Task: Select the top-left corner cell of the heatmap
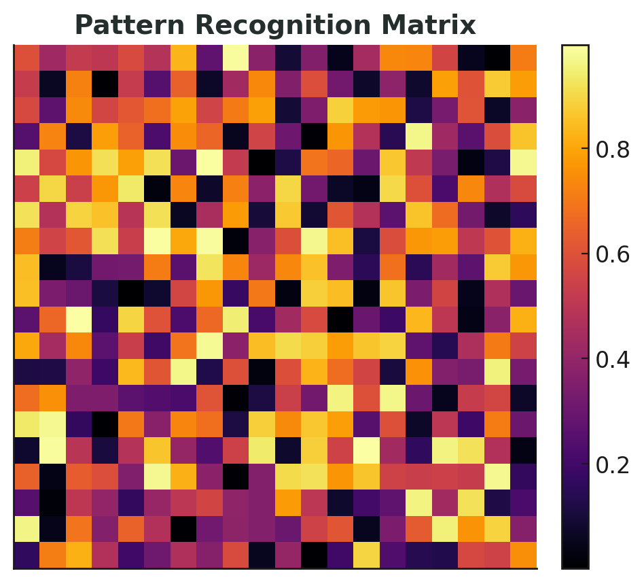click(x=26, y=58)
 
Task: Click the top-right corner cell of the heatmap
click(x=523, y=58)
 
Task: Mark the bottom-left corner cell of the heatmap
click(x=26, y=555)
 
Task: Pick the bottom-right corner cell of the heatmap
click(x=523, y=555)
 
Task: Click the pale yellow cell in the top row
click(x=236, y=58)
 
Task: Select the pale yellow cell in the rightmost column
click(x=523, y=162)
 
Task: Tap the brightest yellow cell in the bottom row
click(x=366, y=555)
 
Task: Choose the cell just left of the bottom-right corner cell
click(x=497, y=555)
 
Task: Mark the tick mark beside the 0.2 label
click(x=590, y=464)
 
